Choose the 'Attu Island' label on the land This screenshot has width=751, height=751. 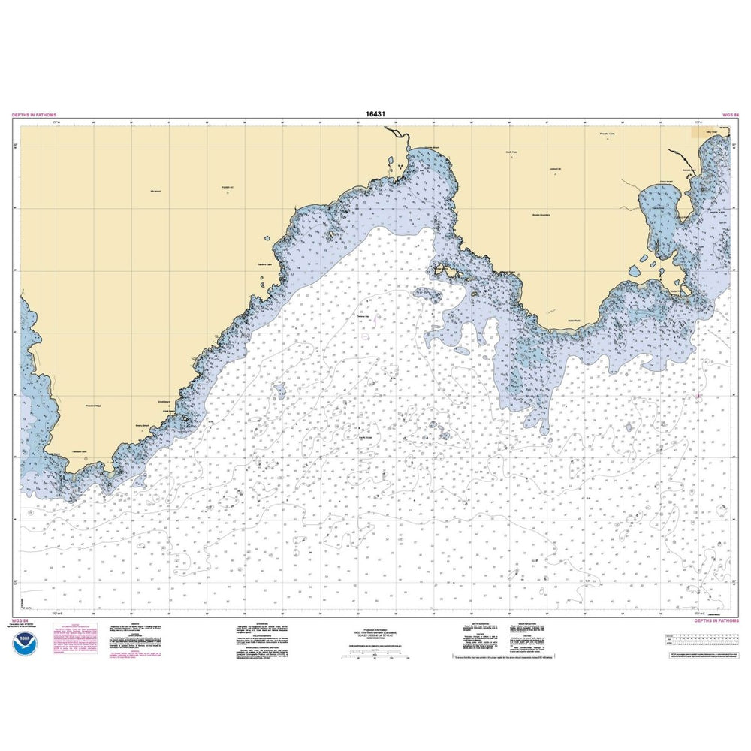coord(156,192)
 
